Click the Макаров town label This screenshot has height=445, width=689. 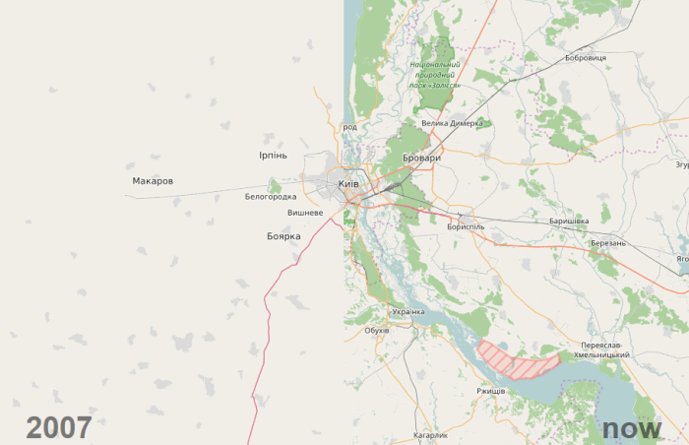pos(153,181)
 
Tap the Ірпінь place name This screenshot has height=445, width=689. pos(273,156)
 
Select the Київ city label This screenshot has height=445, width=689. pos(348,184)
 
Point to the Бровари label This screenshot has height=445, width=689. pos(421,158)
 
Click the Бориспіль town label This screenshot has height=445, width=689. pos(466,226)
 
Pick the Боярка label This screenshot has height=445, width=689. pos(283,236)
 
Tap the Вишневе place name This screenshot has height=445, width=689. pos(305,213)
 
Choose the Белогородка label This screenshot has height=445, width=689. pos(271,197)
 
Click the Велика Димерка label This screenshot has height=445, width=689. pos(452,124)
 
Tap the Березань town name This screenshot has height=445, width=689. pos(608,242)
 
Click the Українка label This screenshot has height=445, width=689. pos(407,311)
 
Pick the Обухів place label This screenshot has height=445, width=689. pos(377,330)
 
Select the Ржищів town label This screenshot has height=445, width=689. pos(490,391)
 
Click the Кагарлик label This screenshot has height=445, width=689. pos(430,434)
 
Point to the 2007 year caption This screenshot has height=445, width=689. pos(59,427)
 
